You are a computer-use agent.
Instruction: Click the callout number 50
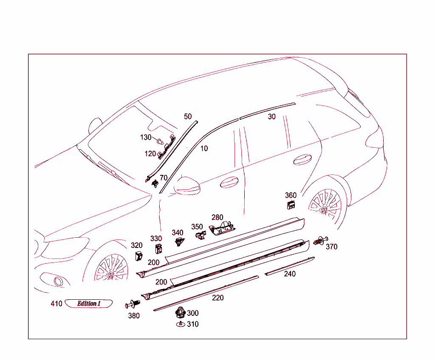click(188, 116)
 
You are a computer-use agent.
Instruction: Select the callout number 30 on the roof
click(272, 117)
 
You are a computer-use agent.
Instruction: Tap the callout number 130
click(146, 138)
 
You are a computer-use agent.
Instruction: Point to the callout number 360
click(291, 195)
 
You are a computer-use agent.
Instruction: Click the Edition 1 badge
click(89, 304)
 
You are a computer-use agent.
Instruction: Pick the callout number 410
click(56, 304)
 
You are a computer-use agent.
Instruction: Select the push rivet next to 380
click(133, 304)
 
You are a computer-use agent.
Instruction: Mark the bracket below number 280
click(221, 228)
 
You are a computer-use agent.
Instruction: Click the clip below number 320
click(138, 256)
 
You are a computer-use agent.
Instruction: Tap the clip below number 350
click(199, 235)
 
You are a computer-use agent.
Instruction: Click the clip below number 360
click(291, 205)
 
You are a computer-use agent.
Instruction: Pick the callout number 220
click(218, 298)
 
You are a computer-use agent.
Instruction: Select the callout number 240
click(290, 274)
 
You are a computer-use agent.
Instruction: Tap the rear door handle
click(302, 159)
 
